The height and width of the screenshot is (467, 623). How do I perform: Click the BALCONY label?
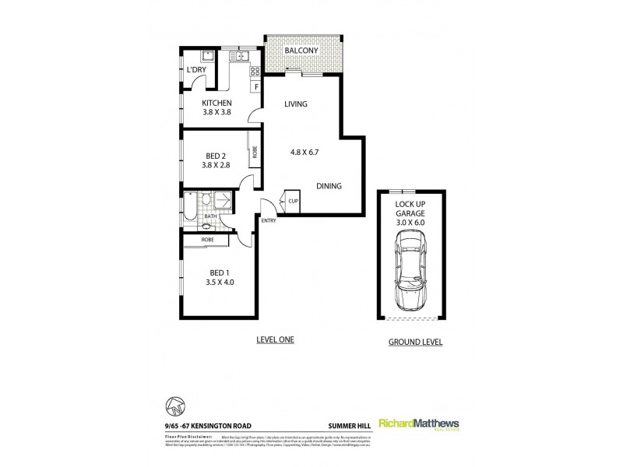click(x=300, y=51)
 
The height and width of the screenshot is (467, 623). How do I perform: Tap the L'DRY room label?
click(x=197, y=71)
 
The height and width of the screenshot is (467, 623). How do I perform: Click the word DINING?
click(x=329, y=186)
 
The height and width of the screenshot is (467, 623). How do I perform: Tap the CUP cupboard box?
click(x=294, y=201)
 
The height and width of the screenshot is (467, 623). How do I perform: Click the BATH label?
click(x=210, y=217)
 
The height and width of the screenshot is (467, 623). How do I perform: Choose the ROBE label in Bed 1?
click(x=208, y=240)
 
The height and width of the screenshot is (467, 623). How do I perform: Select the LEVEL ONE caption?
click(x=275, y=340)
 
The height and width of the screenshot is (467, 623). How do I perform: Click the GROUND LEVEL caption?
click(x=415, y=342)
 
